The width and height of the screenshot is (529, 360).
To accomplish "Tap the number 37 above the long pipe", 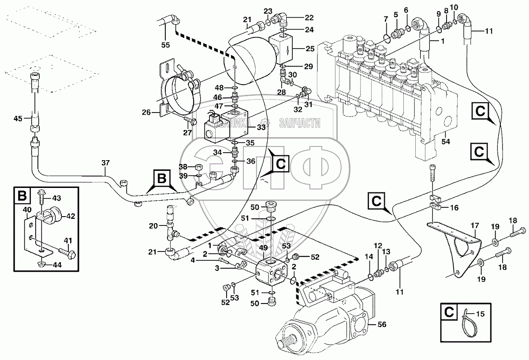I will click(x=105, y=163).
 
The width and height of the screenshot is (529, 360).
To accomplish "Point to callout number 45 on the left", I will click(x=18, y=118).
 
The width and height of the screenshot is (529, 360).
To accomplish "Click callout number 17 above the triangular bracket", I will click(x=474, y=226).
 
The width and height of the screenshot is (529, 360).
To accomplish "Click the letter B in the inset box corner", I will click(x=21, y=195).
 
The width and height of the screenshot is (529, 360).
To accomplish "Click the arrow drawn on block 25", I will click(x=287, y=50).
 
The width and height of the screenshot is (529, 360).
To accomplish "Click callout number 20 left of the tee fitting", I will click(x=153, y=226).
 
